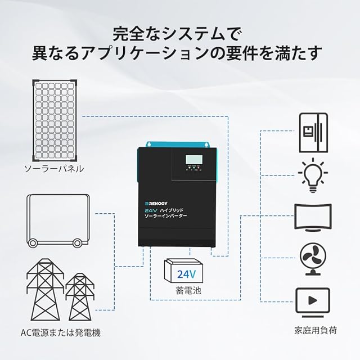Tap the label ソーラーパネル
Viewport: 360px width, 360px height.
54,168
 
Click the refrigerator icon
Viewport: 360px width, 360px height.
312,133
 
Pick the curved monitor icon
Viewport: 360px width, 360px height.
312,217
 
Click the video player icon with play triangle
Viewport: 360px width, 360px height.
312,303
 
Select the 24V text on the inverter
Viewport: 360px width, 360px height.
152,209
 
